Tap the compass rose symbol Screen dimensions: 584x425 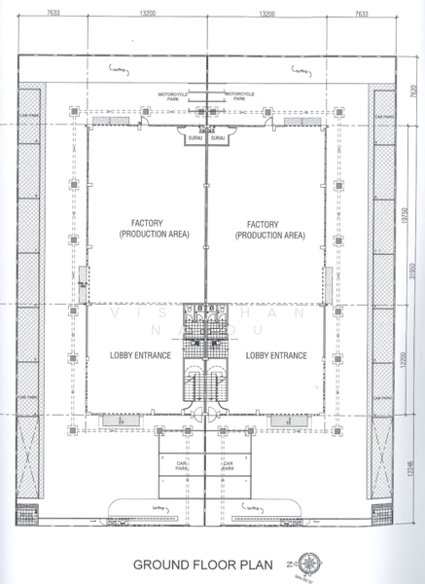click(310, 563)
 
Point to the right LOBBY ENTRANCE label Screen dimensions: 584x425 click(276, 355)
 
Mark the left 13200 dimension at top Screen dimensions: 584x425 click(149, 15)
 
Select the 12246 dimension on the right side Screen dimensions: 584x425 click(404, 470)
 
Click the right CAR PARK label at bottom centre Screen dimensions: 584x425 click(228, 465)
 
